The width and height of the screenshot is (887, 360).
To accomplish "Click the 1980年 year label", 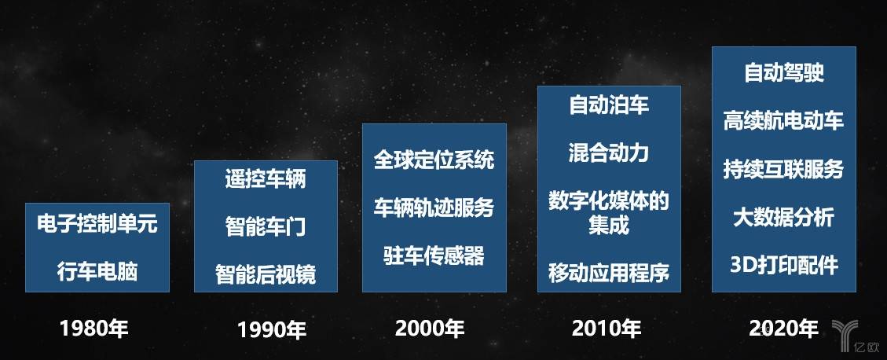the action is coord(94,329).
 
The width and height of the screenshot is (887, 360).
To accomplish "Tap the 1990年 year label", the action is coord(272,329).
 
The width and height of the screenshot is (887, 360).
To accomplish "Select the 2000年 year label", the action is coord(430,329).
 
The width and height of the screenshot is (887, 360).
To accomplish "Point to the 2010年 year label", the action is coord(607,329).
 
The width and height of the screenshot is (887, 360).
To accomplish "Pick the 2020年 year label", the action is coord(783,329).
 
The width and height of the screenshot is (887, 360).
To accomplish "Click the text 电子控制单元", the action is coord(97,223).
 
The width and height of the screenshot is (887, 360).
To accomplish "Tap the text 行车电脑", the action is coord(97,272).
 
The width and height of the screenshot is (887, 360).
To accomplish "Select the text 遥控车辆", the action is coord(266,179).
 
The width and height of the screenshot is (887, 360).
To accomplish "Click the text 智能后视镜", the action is coord(266,275).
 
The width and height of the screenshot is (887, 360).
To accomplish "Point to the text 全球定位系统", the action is coord(434,159).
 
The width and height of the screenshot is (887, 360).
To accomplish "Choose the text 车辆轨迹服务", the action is coord(434,208).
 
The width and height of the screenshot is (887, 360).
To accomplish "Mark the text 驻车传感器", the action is coord(434,255).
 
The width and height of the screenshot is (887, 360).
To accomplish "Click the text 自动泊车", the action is coord(609,105).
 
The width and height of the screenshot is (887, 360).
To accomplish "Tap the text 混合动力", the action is coord(609,152).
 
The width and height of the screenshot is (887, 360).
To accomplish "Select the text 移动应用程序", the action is coord(609,273).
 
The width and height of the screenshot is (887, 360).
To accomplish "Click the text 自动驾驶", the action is coord(784,72).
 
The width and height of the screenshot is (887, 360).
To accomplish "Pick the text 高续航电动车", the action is coord(784,120).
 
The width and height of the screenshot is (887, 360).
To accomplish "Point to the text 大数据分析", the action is coord(784,218).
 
